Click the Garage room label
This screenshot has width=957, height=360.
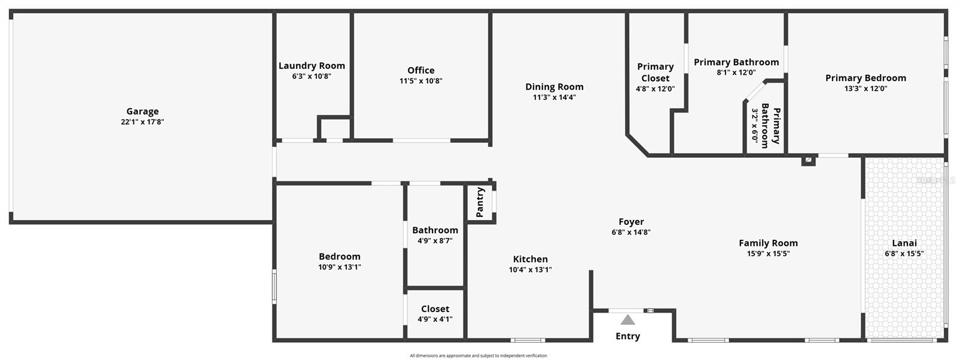tap(142, 111)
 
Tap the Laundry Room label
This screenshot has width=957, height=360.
tap(312, 66)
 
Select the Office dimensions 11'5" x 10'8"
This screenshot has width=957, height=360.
tap(421, 81)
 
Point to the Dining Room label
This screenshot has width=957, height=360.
tap(554, 87)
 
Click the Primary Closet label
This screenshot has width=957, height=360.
tap(655, 72)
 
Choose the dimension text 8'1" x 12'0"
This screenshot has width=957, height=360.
tap(736, 72)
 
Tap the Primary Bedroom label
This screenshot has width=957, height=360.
tap(865, 78)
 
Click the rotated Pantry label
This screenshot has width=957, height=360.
tap(480, 202)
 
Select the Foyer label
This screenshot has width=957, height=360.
tap(631, 222)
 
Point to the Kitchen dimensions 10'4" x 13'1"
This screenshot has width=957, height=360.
tap(531, 270)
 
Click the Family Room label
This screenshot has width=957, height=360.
tap(768, 243)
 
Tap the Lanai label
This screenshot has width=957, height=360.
tap(904, 243)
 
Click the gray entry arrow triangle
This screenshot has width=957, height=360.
tap(627, 320)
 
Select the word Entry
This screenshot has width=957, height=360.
tap(627, 336)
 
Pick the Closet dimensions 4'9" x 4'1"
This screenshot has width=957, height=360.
tap(435, 319)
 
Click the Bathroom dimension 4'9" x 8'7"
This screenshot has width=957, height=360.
tap(435, 241)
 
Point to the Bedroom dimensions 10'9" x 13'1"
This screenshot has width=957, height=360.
tap(340, 267)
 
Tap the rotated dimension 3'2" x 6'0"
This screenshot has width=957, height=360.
tap(755, 126)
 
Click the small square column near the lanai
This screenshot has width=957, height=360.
tap(808, 160)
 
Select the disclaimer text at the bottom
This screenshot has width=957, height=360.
tap(478, 356)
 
